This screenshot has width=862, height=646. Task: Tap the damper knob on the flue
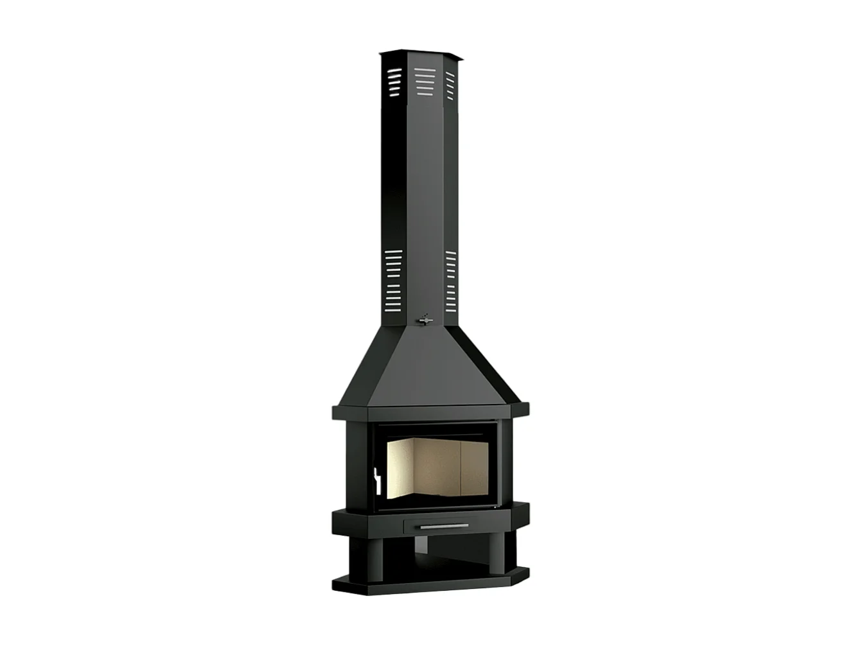(x=423, y=319)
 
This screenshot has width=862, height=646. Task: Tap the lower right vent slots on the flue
(x=450, y=279)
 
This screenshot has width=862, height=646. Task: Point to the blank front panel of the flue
(x=421, y=193)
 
